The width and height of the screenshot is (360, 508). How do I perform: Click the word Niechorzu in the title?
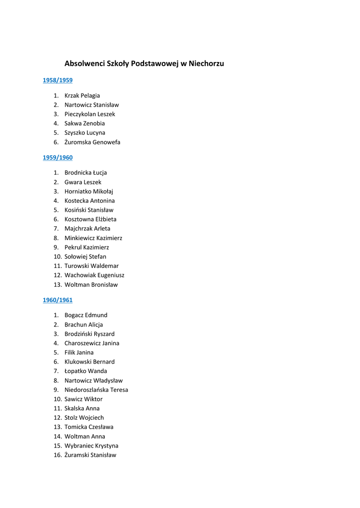click(206, 64)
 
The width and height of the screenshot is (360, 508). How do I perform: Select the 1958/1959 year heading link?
click(58, 80)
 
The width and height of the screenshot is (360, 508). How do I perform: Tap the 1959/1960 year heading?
click(58, 158)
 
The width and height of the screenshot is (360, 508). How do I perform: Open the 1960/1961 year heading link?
click(58, 300)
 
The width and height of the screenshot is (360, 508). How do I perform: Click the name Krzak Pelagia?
click(82, 95)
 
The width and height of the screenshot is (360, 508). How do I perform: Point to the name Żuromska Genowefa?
click(92, 142)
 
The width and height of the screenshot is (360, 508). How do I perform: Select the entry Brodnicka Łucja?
click(85, 173)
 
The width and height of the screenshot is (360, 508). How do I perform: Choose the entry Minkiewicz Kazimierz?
click(93, 238)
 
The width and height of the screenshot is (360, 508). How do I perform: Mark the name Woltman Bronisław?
click(91, 285)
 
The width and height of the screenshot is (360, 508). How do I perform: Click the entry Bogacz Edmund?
click(86, 315)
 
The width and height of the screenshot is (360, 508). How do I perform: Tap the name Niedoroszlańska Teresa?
click(96, 390)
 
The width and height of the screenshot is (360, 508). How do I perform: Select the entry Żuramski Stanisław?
click(90, 455)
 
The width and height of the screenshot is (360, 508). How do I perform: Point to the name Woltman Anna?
click(85, 437)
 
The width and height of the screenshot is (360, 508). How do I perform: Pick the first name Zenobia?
click(94, 124)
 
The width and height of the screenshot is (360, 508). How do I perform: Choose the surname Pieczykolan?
click(80, 114)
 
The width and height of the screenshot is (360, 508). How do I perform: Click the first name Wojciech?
click(91, 418)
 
